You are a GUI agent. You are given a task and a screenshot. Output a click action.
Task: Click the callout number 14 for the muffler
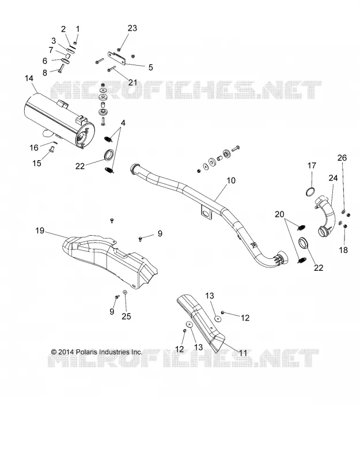click(29, 78)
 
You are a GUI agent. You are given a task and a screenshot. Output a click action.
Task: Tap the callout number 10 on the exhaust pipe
click(232, 180)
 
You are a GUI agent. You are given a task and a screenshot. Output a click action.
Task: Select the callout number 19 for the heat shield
click(40, 231)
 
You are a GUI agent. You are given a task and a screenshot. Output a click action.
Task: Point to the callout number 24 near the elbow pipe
click(333, 178)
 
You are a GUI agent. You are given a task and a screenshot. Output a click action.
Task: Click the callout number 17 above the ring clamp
click(312, 165)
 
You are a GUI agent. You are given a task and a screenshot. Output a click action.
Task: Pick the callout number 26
click(342, 158)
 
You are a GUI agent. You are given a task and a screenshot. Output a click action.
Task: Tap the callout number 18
click(343, 250)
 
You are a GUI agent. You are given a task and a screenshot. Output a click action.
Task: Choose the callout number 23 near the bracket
click(132, 28)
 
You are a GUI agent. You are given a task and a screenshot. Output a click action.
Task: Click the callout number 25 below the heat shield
click(126, 316)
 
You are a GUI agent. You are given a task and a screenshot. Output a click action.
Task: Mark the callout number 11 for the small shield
click(242, 353)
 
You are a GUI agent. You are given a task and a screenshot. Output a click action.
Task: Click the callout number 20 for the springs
click(279, 214)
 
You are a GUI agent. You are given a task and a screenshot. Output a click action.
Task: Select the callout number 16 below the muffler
click(34, 148)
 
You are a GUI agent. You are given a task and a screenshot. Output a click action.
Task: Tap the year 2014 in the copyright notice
click(66, 352)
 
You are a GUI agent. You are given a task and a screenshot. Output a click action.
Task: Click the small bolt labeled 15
click(51, 150)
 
